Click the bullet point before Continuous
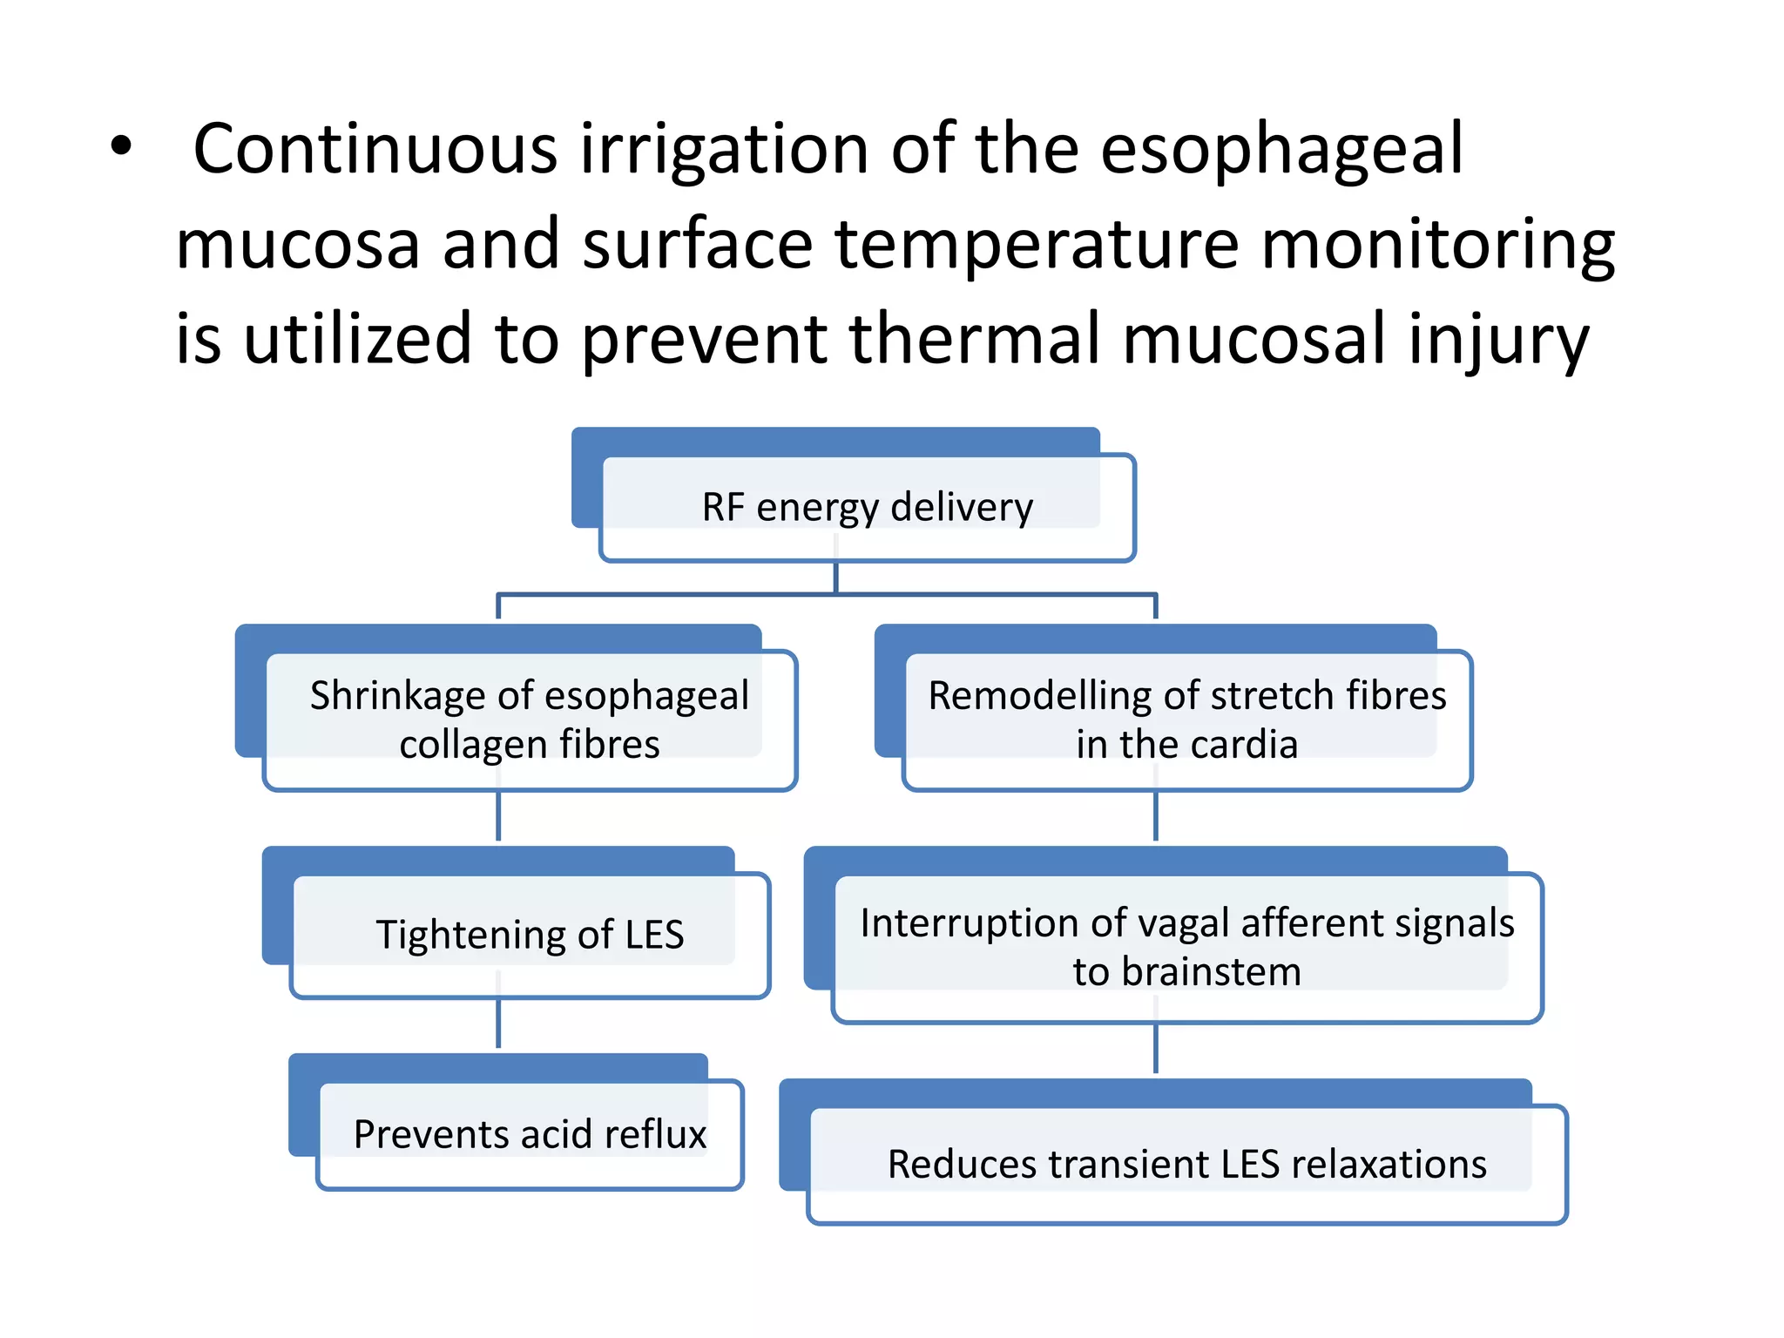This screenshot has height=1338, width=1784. pyautogui.click(x=121, y=147)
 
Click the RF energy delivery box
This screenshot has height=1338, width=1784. pyautogui.click(x=868, y=507)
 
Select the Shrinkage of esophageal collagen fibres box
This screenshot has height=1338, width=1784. pyautogui.click(x=530, y=720)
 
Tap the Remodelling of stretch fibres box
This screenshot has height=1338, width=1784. pyautogui.click(x=1186, y=720)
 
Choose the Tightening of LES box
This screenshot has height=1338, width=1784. pyautogui.click(x=530, y=935)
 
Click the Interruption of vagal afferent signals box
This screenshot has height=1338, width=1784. pyautogui.click(x=1186, y=947)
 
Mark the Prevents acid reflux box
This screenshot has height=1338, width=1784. pyautogui.click(x=530, y=1134)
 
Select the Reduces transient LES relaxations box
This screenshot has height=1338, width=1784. pyautogui.click(x=1186, y=1164)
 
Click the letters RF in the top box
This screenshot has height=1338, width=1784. pyautogui.click(x=722, y=507)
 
